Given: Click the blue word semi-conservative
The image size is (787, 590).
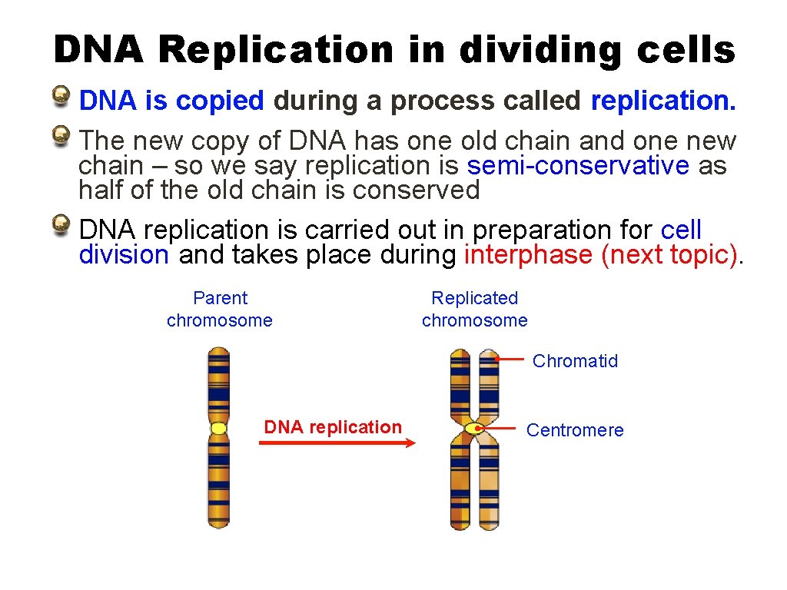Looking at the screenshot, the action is pyautogui.click(x=578, y=166).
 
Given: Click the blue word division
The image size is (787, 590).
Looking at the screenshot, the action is pyautogui.click(x=124, y=255).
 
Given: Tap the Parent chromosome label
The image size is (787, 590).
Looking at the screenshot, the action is pyautogui.click(x=220, y=309).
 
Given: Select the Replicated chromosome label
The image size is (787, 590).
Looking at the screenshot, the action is pyautogui.click(x=475, y=309).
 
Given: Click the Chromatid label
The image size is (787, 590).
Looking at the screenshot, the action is pyautogui.click(x=575, y=361).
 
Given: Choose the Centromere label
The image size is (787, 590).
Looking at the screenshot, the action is pyautogui.click(x=575, y=430).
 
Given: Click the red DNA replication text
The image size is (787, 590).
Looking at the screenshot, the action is pyautogui.click(x=333, y=427).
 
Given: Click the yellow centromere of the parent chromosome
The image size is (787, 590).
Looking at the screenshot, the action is pyautogui.click(x=219, y=428).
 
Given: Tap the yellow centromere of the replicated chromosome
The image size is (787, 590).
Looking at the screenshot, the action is pyautogui.click(x=474, y=428).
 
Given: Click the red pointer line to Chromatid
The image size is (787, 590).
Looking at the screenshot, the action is pyautogui.click(x=510, y=358).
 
